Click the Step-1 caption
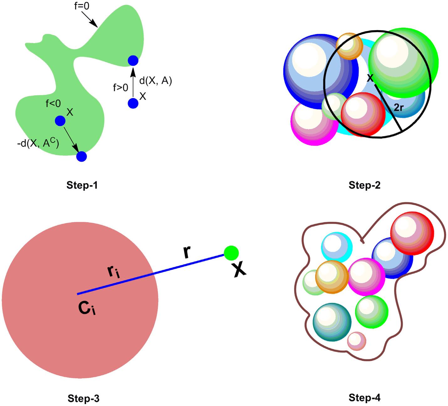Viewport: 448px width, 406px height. [82, 185]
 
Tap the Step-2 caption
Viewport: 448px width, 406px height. [364, 185]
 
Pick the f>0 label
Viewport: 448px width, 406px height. [121, 88]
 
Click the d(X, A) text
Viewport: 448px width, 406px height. [156, 81]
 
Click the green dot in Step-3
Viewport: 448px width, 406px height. [232, 253]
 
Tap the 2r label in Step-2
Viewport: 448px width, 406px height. [398, 108]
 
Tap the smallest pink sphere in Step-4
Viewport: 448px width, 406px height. [357, 341]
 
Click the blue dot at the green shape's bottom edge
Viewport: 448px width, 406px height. [81, 156]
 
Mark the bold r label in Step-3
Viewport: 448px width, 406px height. [187, 253]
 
